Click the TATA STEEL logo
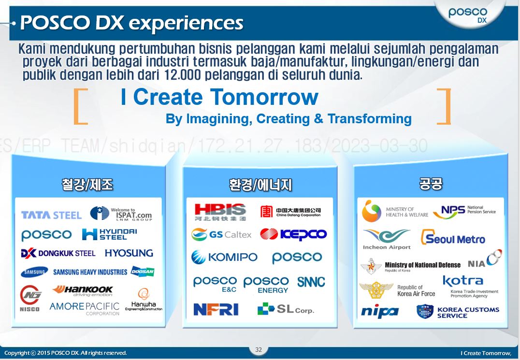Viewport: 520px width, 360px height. tap(51, 215)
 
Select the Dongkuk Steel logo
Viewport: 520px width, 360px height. tap(58, 253)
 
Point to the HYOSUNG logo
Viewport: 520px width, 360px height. tap(129, 253)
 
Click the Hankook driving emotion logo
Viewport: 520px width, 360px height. tap(83, 291)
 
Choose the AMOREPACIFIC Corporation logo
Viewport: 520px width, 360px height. tap(85, 308)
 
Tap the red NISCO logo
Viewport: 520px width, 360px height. tap(29, 298)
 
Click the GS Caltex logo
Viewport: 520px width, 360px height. tap(221, 235)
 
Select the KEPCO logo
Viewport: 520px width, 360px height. tap(293, 234)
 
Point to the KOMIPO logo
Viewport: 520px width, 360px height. tap(224, 258)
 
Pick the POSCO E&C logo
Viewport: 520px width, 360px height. tap(215, 284)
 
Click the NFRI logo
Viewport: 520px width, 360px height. tap(216, 309)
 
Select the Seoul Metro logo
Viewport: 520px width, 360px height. tap(453, 238)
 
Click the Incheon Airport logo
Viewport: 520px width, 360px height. tap(387, 239)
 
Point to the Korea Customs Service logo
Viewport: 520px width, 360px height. tap(458, 312)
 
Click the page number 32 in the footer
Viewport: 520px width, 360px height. tap(259, 350)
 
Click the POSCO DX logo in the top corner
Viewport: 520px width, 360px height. tap(468, 15)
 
